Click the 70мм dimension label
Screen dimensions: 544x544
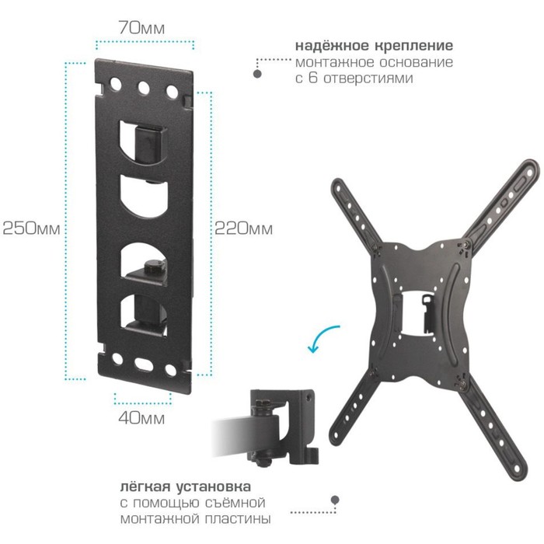coord(141,28)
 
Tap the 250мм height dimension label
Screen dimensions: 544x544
coord(31,228)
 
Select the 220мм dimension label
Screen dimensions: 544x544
coord(243,228)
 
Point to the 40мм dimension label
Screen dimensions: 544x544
coord(141,418)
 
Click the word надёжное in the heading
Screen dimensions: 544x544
coord(333,45)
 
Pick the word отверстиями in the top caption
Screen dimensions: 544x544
coord(368,78)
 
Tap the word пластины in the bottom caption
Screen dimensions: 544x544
coord(238,519)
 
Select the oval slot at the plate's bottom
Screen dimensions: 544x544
coord(144,364)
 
